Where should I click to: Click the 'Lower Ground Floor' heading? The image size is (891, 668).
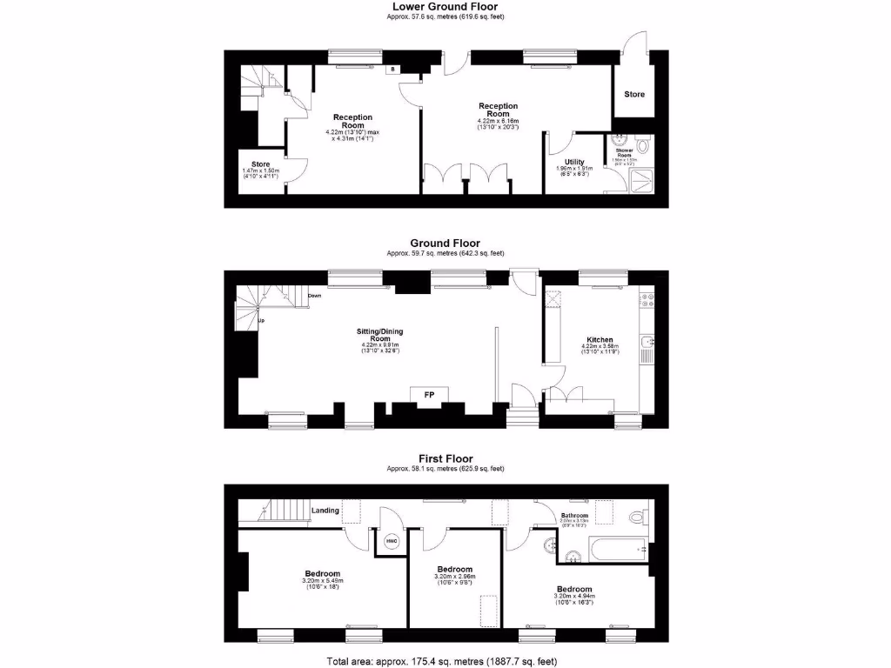[x=445, y=6]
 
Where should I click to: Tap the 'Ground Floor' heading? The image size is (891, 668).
[x=445, y=244]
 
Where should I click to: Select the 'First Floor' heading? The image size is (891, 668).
[x=445, y=458]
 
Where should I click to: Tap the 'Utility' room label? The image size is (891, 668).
[x=574, y=162]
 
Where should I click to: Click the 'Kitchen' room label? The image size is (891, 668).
[x=600, y=340]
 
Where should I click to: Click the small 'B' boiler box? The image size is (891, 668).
[x=392, y=69]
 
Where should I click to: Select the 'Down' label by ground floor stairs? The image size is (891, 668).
[x=315, y=297]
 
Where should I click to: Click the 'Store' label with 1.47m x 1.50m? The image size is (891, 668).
[x=261, y=164]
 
